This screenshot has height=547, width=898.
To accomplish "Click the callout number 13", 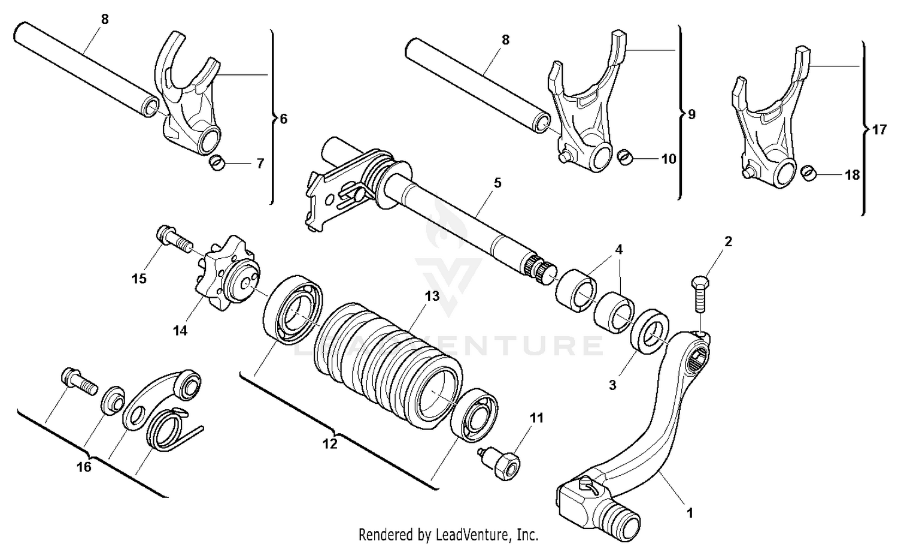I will pyautogui.click(x=432, y=296).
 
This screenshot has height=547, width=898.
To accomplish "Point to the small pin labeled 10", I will pyautogui.click(x=625, y=158).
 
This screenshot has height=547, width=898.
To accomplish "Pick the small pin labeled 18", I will pyautogui.click(x=809, y=173).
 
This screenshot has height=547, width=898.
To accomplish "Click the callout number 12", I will pyautogui.click(x=329, y=443).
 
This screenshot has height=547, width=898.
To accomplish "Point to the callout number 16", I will pyautogui.click(x=84, y=466).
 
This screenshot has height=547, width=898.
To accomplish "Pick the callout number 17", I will pyautogui.click(x=879, y=129).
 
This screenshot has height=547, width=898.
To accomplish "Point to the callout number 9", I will pyautogui.click(x=691, y=114).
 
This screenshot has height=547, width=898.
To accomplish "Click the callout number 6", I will pyautogui.click(x=283, y=119).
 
